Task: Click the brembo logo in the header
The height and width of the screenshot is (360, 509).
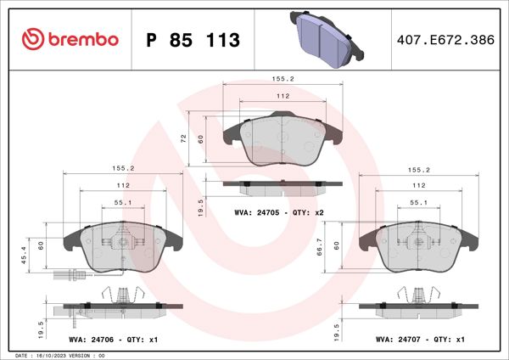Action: [x=68, y=39]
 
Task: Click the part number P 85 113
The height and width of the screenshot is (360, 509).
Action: [x=193, y=40]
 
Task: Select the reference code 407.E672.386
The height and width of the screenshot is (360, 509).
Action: [x=444, y=39]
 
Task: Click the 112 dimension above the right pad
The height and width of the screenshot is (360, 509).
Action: [x=418, y=185]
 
